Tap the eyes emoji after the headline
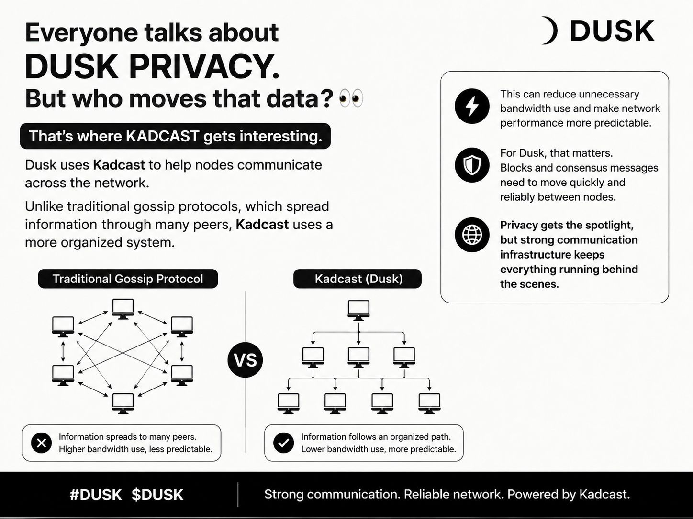tap(351, 98)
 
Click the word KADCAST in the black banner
tap(163, 136)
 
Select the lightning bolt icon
tap(472, 106)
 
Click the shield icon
tap(472, 165)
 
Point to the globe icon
tap(472, 235)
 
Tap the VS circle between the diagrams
tap(246, 360)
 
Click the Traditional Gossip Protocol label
tap(128, 279)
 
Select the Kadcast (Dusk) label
tap(358, 279)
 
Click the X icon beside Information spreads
tap(41, 443)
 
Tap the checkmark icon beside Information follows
tap(283, 443)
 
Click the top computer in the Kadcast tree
tap(358, 310)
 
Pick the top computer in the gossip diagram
tap(123, 309)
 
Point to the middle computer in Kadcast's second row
tap(358, 357)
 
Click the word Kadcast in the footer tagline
tap(604, 495)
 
